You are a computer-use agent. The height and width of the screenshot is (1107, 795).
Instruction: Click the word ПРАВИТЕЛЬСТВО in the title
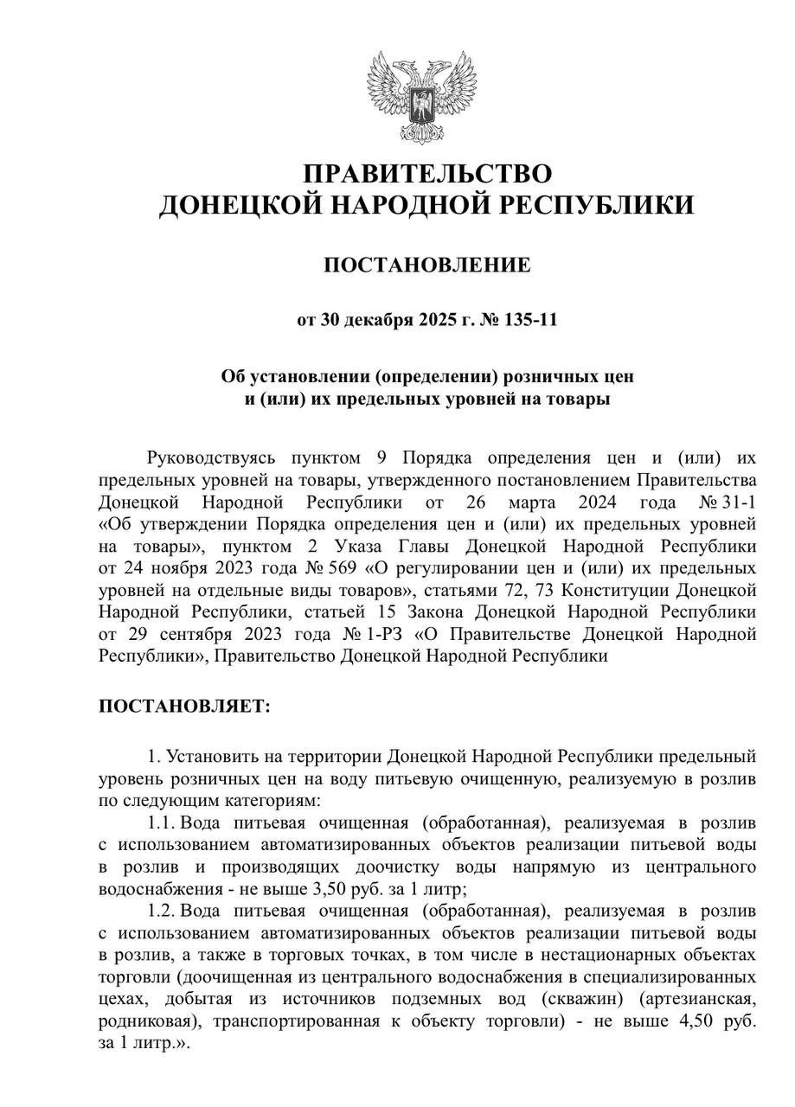click(x=427, y=174)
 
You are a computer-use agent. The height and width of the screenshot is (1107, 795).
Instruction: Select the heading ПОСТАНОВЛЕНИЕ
click(x=427, y=265)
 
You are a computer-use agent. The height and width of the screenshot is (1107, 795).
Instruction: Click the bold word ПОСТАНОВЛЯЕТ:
click(x=184, y=707)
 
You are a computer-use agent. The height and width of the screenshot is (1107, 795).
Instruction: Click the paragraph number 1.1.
click(x=163, y=820)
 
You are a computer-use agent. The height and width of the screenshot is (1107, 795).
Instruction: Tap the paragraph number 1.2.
click(x=163, y=911)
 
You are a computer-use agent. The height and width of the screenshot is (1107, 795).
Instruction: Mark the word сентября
click(x=178, y=634)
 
